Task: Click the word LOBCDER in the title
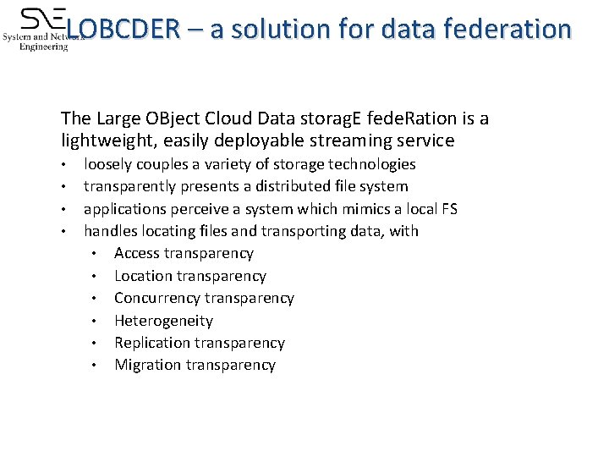click(123, 30)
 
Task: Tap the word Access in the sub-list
click(137, 253)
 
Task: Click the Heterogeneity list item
click(163, 321)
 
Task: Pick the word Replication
click(152, 343)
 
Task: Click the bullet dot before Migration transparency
click(98, 366)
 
